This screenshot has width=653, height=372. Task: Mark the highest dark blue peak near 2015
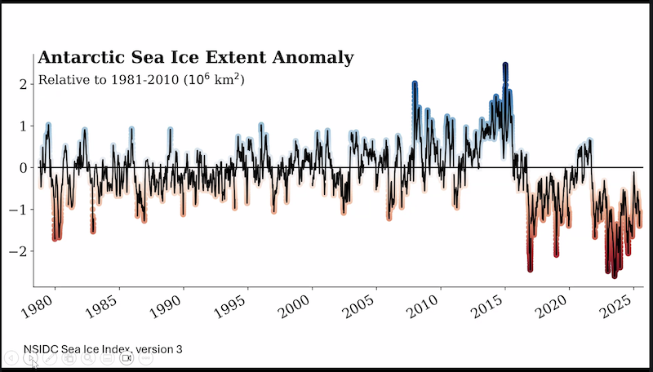click(505, 65)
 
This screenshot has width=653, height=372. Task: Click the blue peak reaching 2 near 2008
click(415, 84)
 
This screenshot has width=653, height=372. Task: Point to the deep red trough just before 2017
click(530, 267)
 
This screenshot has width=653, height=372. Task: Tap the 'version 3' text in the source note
click(159, 349)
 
